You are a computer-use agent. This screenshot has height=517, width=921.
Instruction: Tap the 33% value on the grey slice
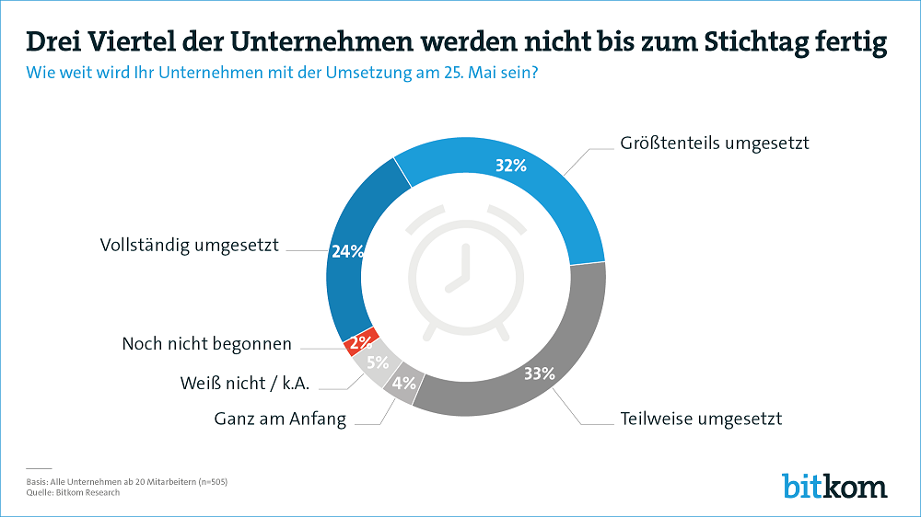539,373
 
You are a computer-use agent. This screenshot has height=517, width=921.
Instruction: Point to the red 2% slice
358,342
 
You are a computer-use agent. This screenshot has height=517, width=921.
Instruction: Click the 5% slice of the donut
376,362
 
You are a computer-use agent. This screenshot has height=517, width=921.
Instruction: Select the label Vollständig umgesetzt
189,247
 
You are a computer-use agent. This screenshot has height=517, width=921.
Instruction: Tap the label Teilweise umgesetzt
701,419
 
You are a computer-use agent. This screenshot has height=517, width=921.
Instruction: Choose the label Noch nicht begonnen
206,344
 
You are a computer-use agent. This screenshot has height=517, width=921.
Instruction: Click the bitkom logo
834,485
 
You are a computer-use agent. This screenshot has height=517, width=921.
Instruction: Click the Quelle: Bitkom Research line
74,493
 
